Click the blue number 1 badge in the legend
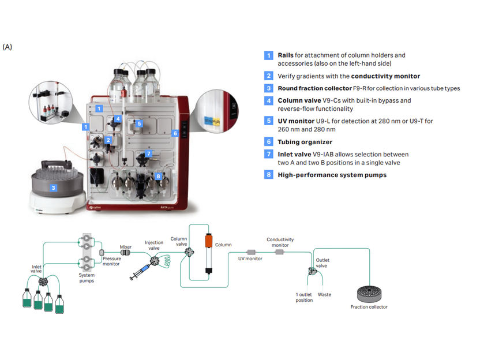point(269,55)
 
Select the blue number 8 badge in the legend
point(269,175)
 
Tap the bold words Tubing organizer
point(305,142)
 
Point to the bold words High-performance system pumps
point(332,175)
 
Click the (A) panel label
point(7,46)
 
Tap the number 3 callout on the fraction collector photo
point(53,187)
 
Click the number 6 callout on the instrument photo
point(175,133)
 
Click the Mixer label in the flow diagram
point(126,246)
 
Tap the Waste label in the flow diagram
point(325,294)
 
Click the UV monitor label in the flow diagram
point(250,259)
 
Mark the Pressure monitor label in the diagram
point(112,262)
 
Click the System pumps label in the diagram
point(87,277)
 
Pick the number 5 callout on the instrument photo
point(139,123)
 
